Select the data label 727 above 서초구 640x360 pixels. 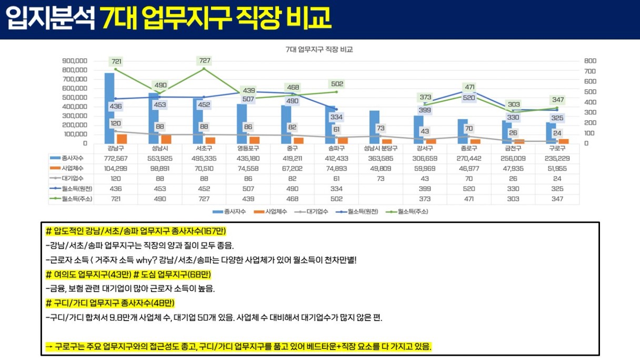tap(204, 61)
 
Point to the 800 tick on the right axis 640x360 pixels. tap(589, 61)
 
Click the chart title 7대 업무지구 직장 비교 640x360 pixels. tap(319, 50)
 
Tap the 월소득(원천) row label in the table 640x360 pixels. tap(73, 188)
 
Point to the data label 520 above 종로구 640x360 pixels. tap(469, 98)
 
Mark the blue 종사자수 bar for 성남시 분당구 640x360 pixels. tap(374, 127)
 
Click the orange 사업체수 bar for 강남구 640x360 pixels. tap(122, 138)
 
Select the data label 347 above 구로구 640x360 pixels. tap(557, 99)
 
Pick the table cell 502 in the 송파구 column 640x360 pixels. tap(337, 198)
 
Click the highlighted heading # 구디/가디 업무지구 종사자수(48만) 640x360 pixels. tap(110, 303)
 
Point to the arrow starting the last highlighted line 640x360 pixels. tap(49, 346)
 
